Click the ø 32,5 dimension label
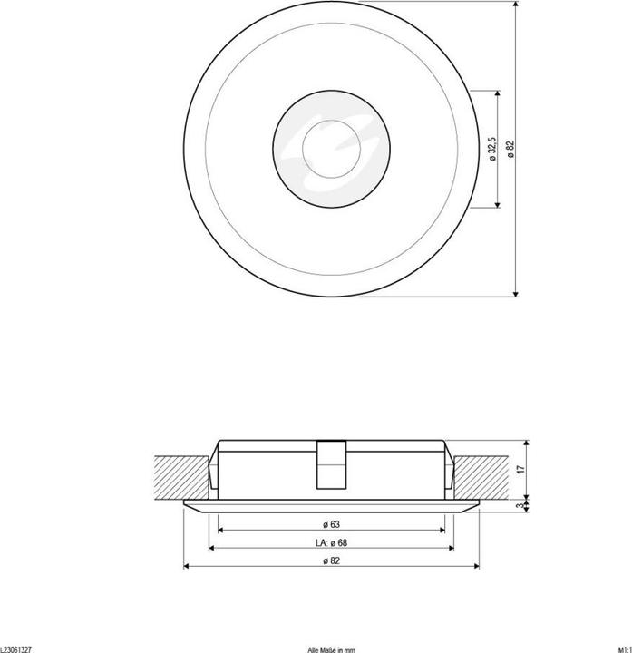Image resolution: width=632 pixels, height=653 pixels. pyautogui.click(x=491, y=149)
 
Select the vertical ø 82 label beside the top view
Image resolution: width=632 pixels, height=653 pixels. pyautogui.click(x=511, y=149)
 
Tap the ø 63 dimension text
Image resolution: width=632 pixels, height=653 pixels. pyautogui.click(x=331, y=523)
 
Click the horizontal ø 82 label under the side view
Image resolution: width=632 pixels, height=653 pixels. pyautogui.click(x=331, y=562)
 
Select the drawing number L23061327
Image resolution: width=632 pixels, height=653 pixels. pyautogui.click(x=16, y=648)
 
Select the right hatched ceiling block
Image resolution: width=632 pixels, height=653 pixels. pyautogui.click(x=485, y=477)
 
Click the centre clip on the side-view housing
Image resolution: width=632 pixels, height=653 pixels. pyautogui.click(x=331, y=464)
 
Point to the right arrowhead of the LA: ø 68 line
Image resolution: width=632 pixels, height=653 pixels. pyautogui.click(x=449, y=550)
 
